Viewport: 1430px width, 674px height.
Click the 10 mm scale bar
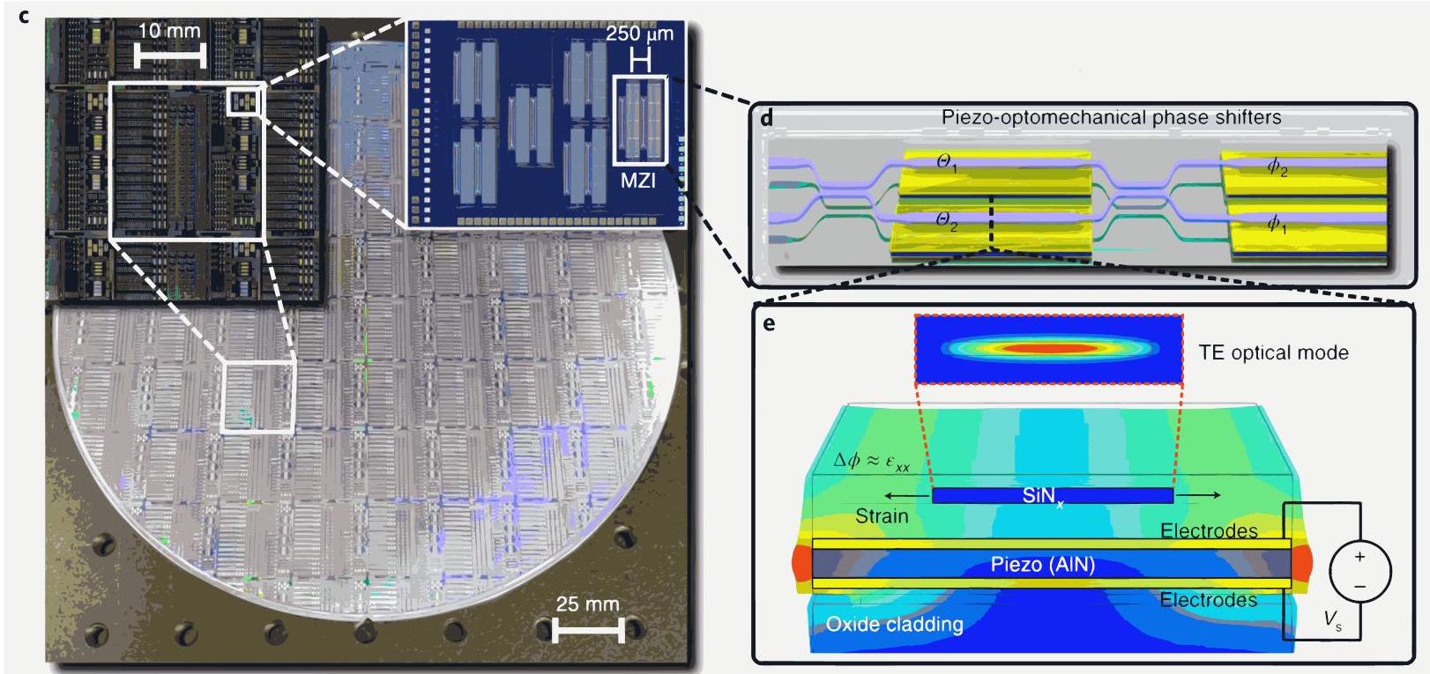click(170, 55)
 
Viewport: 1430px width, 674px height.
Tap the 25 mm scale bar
click(588, 630)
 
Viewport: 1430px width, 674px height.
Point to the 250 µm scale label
click(639, 35)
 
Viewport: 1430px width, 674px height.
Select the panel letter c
click(23, 14)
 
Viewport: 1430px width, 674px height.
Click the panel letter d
click(766, 119)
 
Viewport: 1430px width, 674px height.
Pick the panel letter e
click(769, 324)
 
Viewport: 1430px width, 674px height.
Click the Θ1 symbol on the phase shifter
click(948, 163)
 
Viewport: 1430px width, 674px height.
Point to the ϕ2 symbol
click(1277, 167)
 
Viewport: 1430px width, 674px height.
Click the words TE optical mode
click(1273, 353)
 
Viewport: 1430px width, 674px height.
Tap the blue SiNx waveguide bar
click(1052, 495)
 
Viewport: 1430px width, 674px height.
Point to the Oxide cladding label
click(894, 625)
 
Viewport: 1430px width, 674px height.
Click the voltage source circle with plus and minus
click(1359, 571)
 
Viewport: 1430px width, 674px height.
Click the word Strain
click(882, 516)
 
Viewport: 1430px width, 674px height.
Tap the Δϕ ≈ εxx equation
click(871, 463)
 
